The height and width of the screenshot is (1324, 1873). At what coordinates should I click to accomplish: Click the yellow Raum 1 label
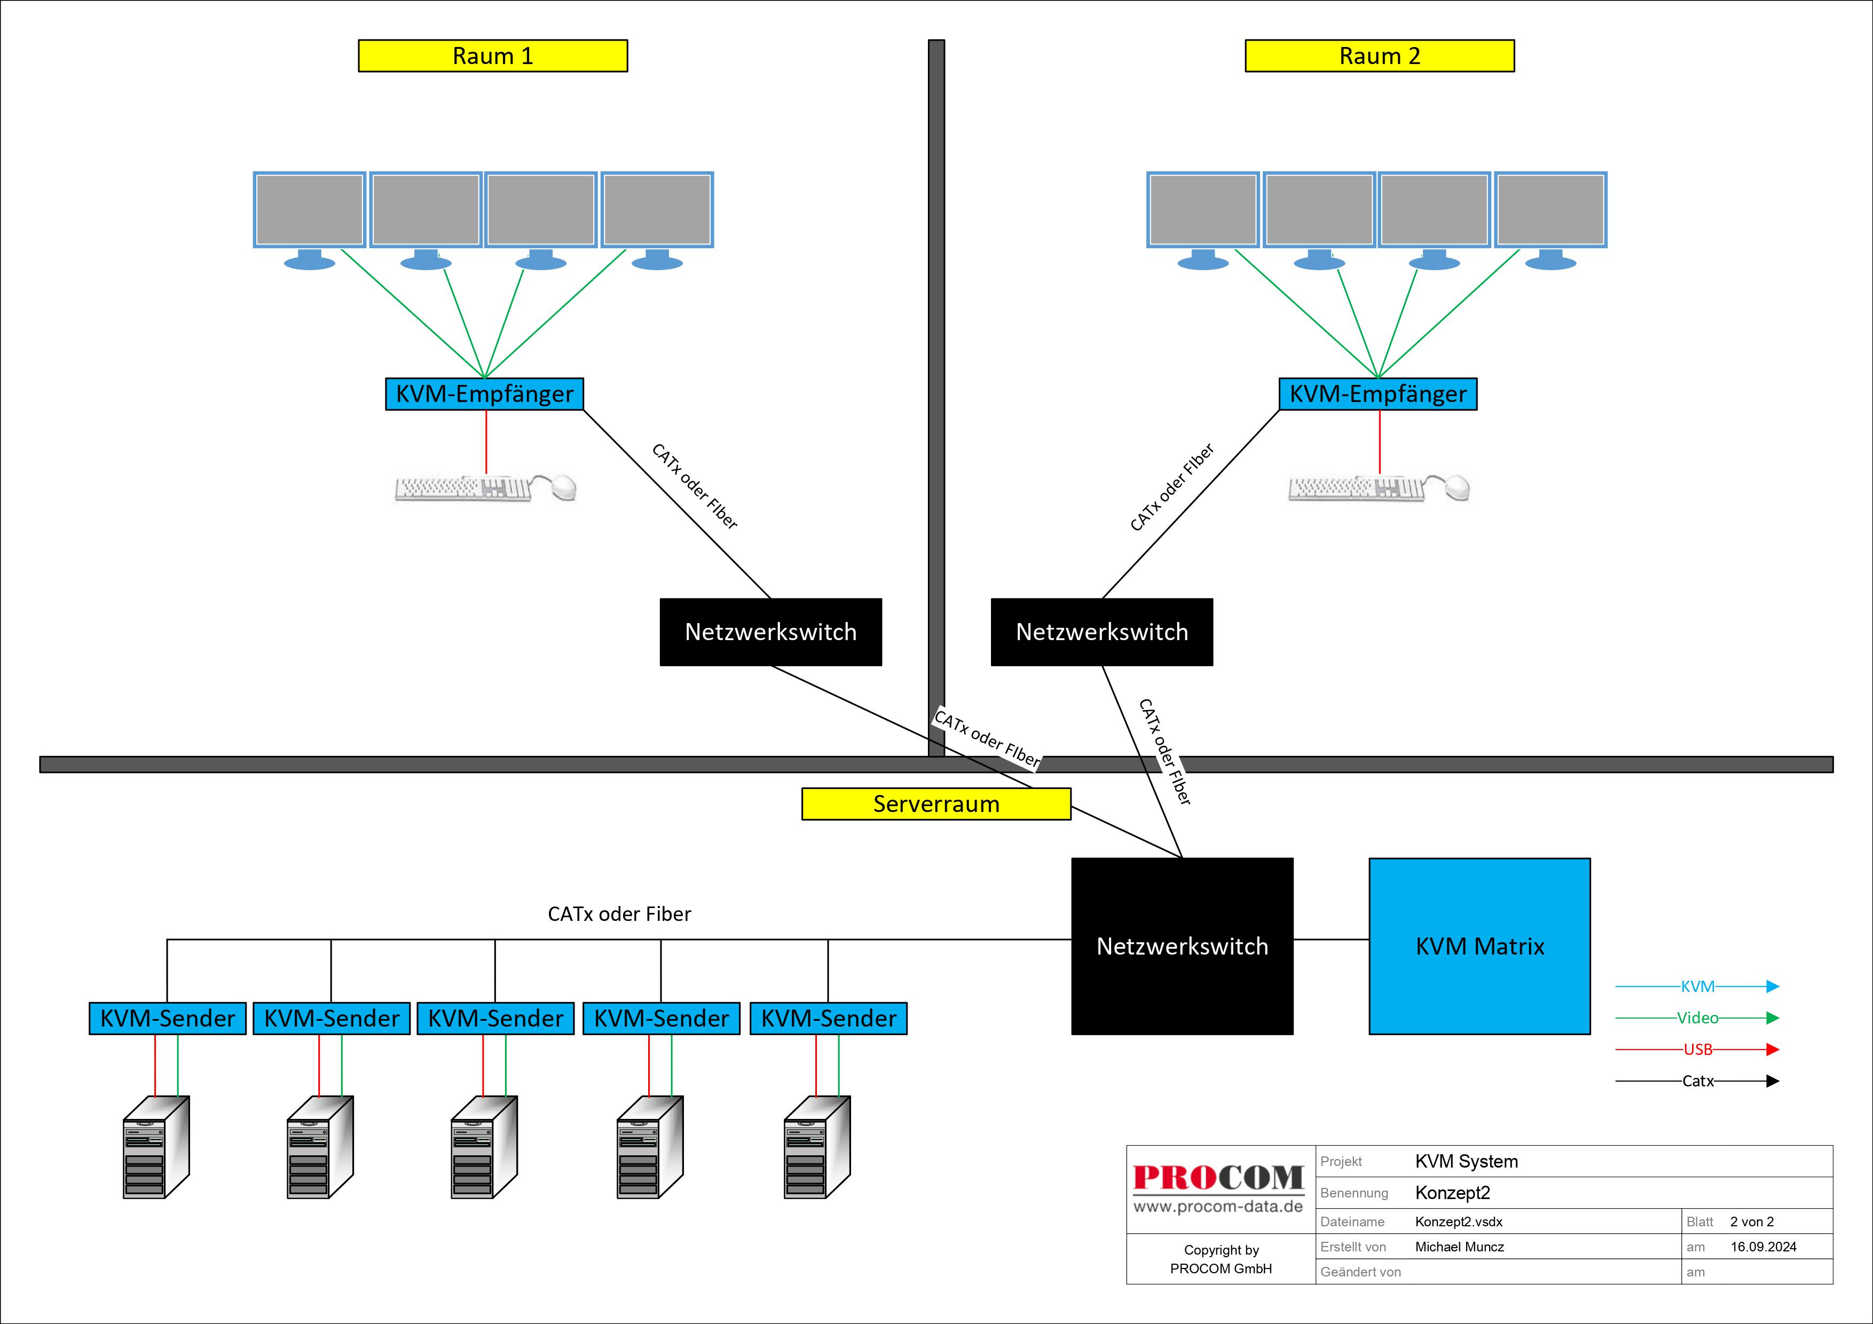pyautogui.click(x=493, y=56)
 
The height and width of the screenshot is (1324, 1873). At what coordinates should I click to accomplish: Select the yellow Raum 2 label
pyautogui.click(x=1380, y=56)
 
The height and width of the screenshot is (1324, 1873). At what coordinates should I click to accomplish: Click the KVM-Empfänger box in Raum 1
pyautogui.click(x=485, y=394)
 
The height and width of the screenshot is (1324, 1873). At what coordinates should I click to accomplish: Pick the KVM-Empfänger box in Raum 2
pyautogui.click(x=1378, y=394)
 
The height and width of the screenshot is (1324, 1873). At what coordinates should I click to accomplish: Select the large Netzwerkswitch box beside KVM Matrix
pyautogui.click(x=1182, y=947)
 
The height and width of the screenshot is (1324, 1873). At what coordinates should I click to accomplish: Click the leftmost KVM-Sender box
pyautogui.click(x=167, y=1018)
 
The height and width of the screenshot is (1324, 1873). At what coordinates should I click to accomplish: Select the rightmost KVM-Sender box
pyautogui.click(x=828, y=1018)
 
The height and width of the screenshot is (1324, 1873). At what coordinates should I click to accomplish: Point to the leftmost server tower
pyautogui.click(x=156, y=1147)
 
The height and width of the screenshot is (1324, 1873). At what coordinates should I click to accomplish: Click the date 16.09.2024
pyautogui.click(x=1764, y=1247)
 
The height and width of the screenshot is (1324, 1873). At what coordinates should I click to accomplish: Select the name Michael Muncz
pyautogui.click(x=1459, y=1247)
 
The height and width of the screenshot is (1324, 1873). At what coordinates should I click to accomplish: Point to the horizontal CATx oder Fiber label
pyautogui.click(x=619, y=913)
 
